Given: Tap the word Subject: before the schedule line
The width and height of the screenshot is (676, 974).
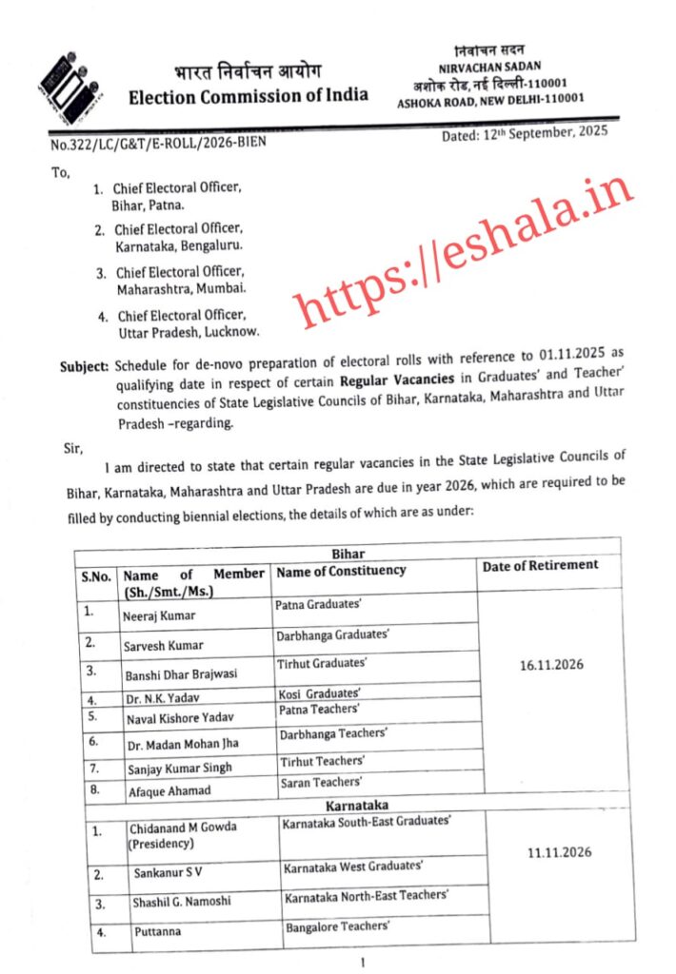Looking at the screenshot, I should pos(84,365).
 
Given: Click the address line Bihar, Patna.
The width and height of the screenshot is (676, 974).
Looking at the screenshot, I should pos(148,205).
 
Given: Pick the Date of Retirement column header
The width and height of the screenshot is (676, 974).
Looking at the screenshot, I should pos(541,565).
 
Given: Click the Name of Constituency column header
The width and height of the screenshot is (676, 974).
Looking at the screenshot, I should pos(341,571).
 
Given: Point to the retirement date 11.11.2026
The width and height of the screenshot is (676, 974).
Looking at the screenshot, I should pos(559,853).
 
